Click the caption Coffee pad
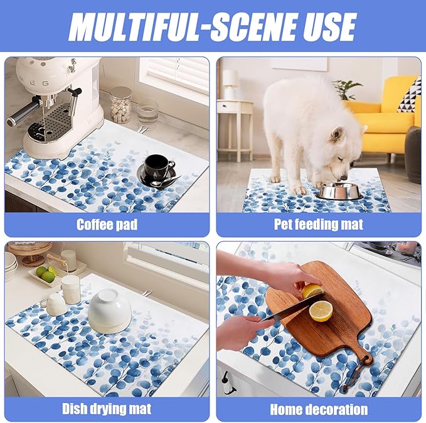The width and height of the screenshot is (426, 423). point(107,225)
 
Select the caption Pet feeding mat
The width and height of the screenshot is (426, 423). point(319,225)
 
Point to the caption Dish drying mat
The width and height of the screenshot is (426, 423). point(107,409)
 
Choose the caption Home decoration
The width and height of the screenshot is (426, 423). point(319,409)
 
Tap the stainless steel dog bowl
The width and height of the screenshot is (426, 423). point(339,191)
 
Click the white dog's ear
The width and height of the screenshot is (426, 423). point(336,134)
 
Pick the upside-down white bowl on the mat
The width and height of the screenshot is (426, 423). point(110,311)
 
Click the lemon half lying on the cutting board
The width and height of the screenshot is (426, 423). point(321,311)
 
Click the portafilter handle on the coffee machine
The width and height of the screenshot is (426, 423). point(22,114)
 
